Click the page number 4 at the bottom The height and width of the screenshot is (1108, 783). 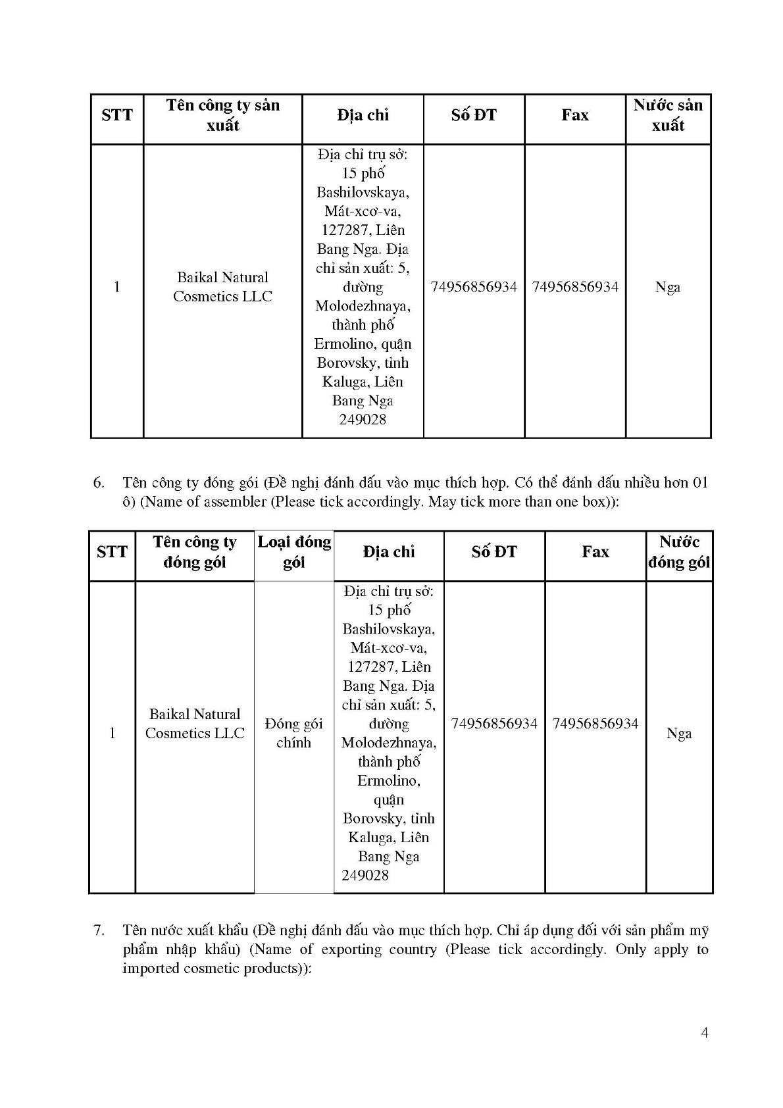705,1032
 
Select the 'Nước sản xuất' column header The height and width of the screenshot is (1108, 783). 668,115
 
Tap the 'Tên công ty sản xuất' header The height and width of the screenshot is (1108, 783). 222,115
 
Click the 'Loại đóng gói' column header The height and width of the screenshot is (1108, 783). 293,552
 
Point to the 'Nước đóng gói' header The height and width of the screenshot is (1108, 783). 679,552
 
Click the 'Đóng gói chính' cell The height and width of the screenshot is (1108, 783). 293,733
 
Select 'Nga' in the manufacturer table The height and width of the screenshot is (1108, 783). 668,287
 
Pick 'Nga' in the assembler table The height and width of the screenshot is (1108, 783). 679,733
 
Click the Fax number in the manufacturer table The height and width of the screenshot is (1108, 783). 574,287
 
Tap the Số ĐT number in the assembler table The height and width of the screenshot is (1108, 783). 494,724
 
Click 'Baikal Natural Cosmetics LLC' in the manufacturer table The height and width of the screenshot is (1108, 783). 222,287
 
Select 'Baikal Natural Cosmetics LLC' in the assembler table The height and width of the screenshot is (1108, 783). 195,724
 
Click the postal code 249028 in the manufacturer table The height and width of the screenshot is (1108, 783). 363,420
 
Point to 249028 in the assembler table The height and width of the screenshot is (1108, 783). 365,875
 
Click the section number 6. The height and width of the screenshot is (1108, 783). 99,483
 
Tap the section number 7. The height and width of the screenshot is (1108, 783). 99,930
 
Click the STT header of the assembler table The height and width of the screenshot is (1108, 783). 112,552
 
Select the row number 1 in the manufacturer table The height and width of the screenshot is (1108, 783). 117,287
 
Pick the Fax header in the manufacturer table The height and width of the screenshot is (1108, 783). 574,115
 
